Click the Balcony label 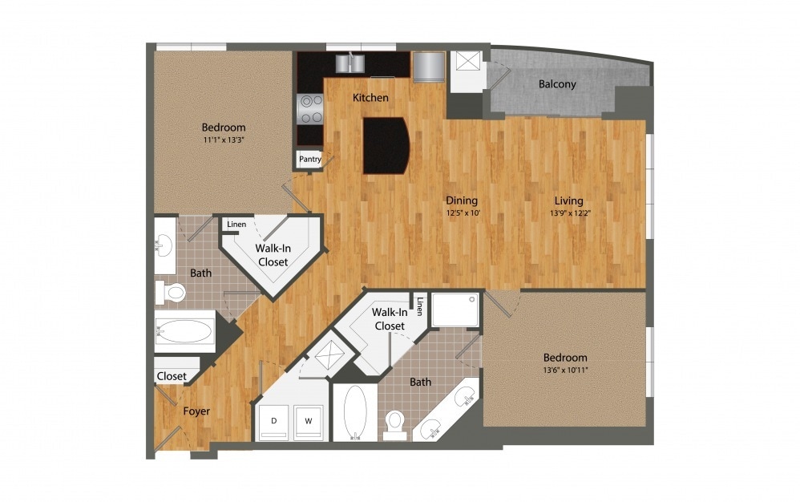[x=556, y=84]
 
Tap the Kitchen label [x=370, y=98]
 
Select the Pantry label [x=309, y=159]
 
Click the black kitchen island [x=386, y=145]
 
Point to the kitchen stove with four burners [x=310, y=109]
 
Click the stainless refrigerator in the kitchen [x=427, y=67]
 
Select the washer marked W [x=308, y=421]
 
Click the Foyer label [x=196, y=411]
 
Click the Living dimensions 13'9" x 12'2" [x=566, y=214]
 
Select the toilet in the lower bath [x=394, y=423]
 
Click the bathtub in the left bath [x=185, y=331]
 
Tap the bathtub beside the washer [x=354, y=412]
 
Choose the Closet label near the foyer [x=172, y=376]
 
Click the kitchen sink [x=349, y=63]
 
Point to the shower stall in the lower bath [x=455, y=310]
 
